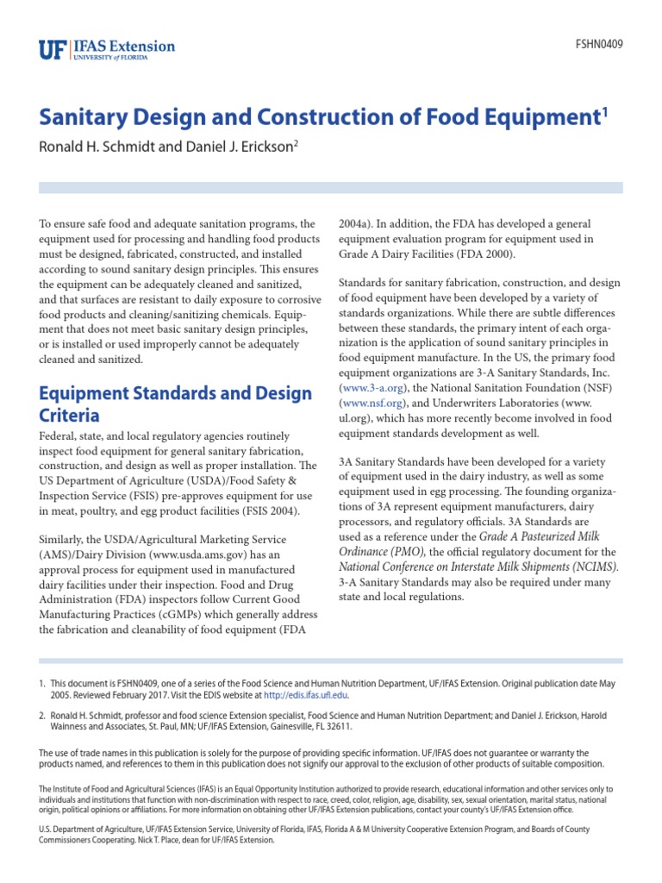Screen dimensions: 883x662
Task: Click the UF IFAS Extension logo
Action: coord(107,48)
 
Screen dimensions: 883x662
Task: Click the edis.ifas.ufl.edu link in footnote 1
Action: coord(305,695)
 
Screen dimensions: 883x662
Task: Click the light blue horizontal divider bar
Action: coord(331,187)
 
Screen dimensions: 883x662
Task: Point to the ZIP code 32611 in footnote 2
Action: coord(338,727)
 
